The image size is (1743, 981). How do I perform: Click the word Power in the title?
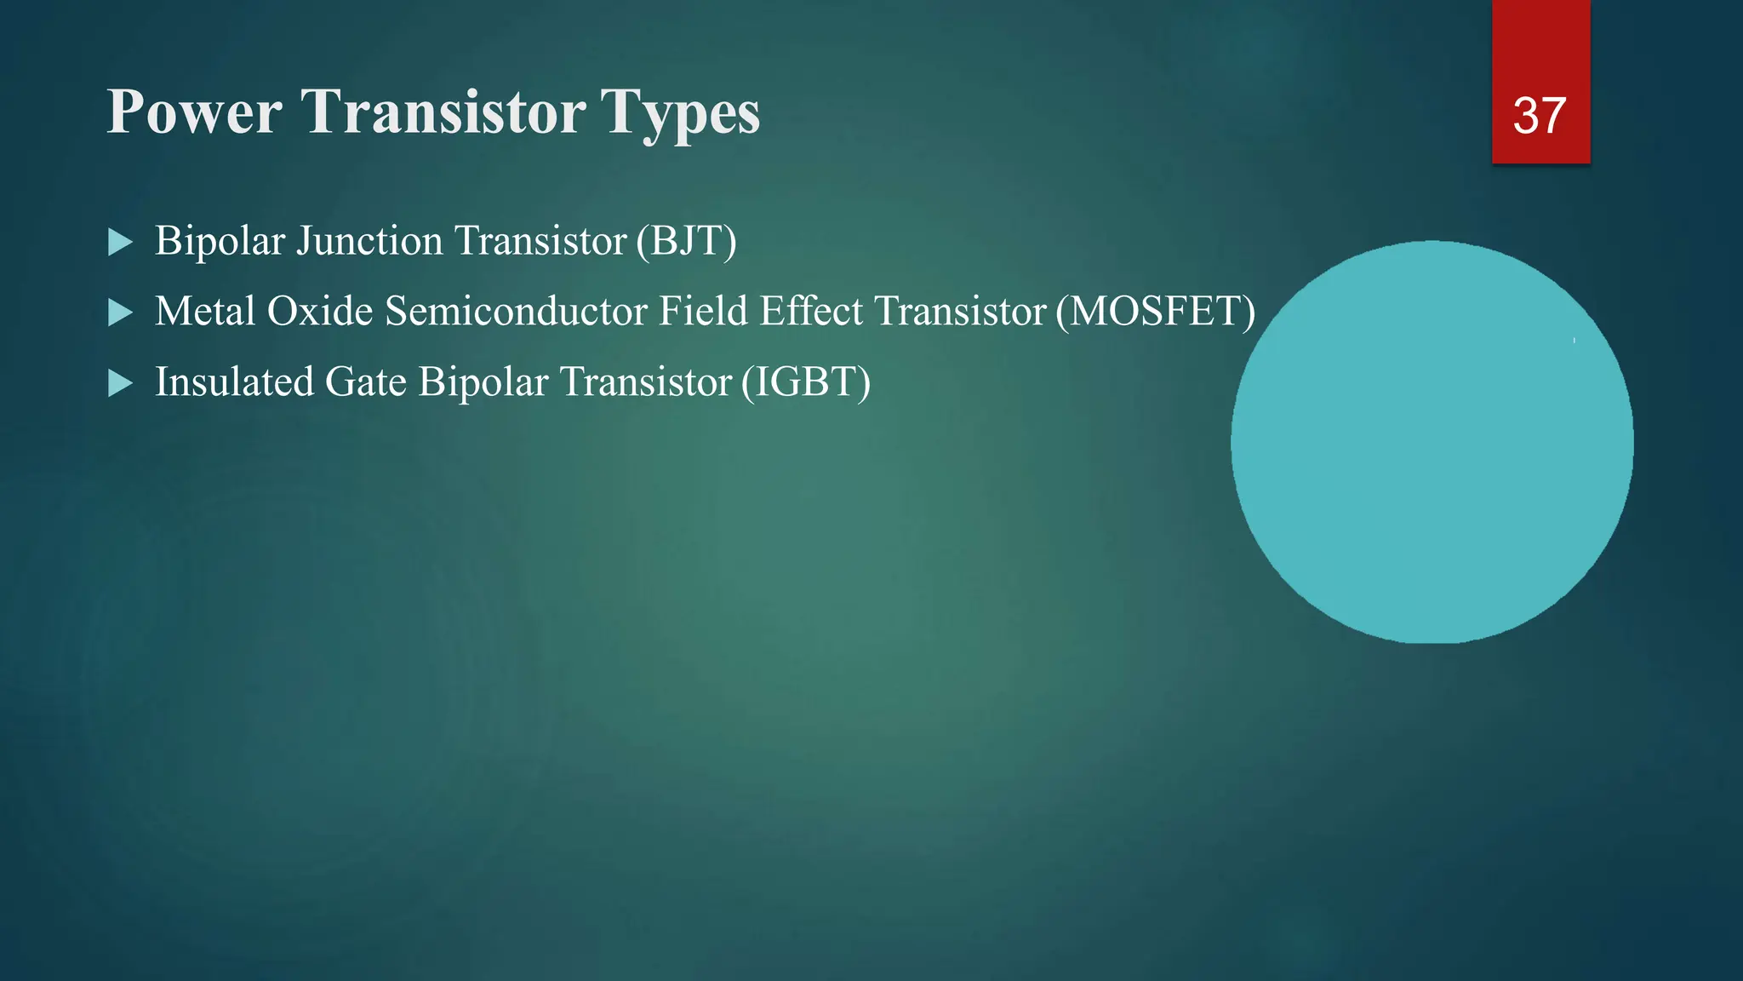194,112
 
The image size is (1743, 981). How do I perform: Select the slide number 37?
1540,116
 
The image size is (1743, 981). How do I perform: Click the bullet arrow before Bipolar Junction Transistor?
121,243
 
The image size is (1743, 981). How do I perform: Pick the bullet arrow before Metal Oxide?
121,313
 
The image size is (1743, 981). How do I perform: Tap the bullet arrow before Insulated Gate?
121,383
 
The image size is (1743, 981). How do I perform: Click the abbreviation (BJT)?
686,241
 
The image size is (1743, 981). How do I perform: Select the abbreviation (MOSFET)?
1155,312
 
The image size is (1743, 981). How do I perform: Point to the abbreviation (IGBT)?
805,382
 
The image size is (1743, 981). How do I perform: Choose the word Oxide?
320,312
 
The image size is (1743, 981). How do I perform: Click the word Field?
703,312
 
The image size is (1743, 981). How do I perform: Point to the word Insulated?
234,382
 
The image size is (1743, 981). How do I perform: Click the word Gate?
366,382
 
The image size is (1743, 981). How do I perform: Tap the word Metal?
205,312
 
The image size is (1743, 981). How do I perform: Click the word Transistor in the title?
443,112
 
